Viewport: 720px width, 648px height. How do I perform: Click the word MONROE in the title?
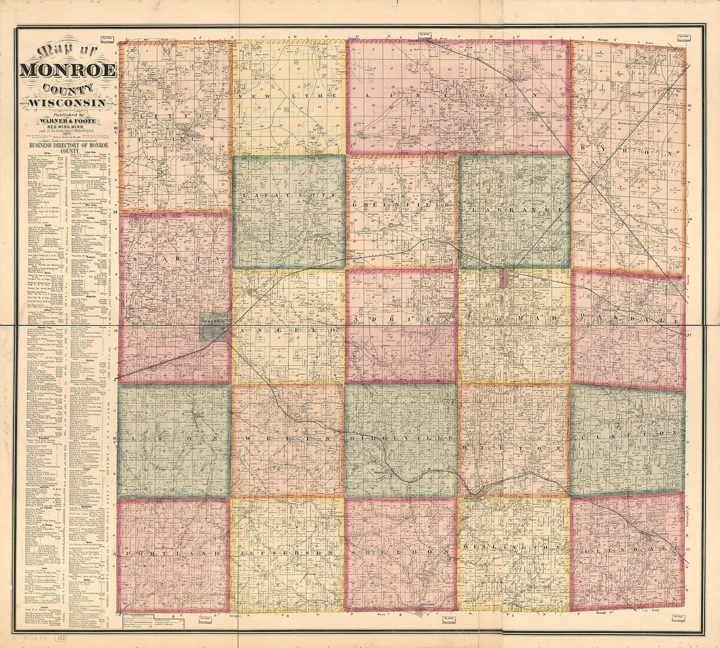click(68, 70)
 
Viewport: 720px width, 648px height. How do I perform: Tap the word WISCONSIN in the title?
click(69, 103)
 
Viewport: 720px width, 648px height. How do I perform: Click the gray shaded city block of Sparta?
click(214, 326)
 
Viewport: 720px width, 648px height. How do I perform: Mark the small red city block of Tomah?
click(505, 278)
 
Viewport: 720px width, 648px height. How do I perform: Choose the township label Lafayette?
click(289, 196)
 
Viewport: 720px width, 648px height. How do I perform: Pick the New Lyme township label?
click(289, 96)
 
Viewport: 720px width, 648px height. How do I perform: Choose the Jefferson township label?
click(289, 554)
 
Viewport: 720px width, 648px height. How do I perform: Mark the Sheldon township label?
click(402, 552)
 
